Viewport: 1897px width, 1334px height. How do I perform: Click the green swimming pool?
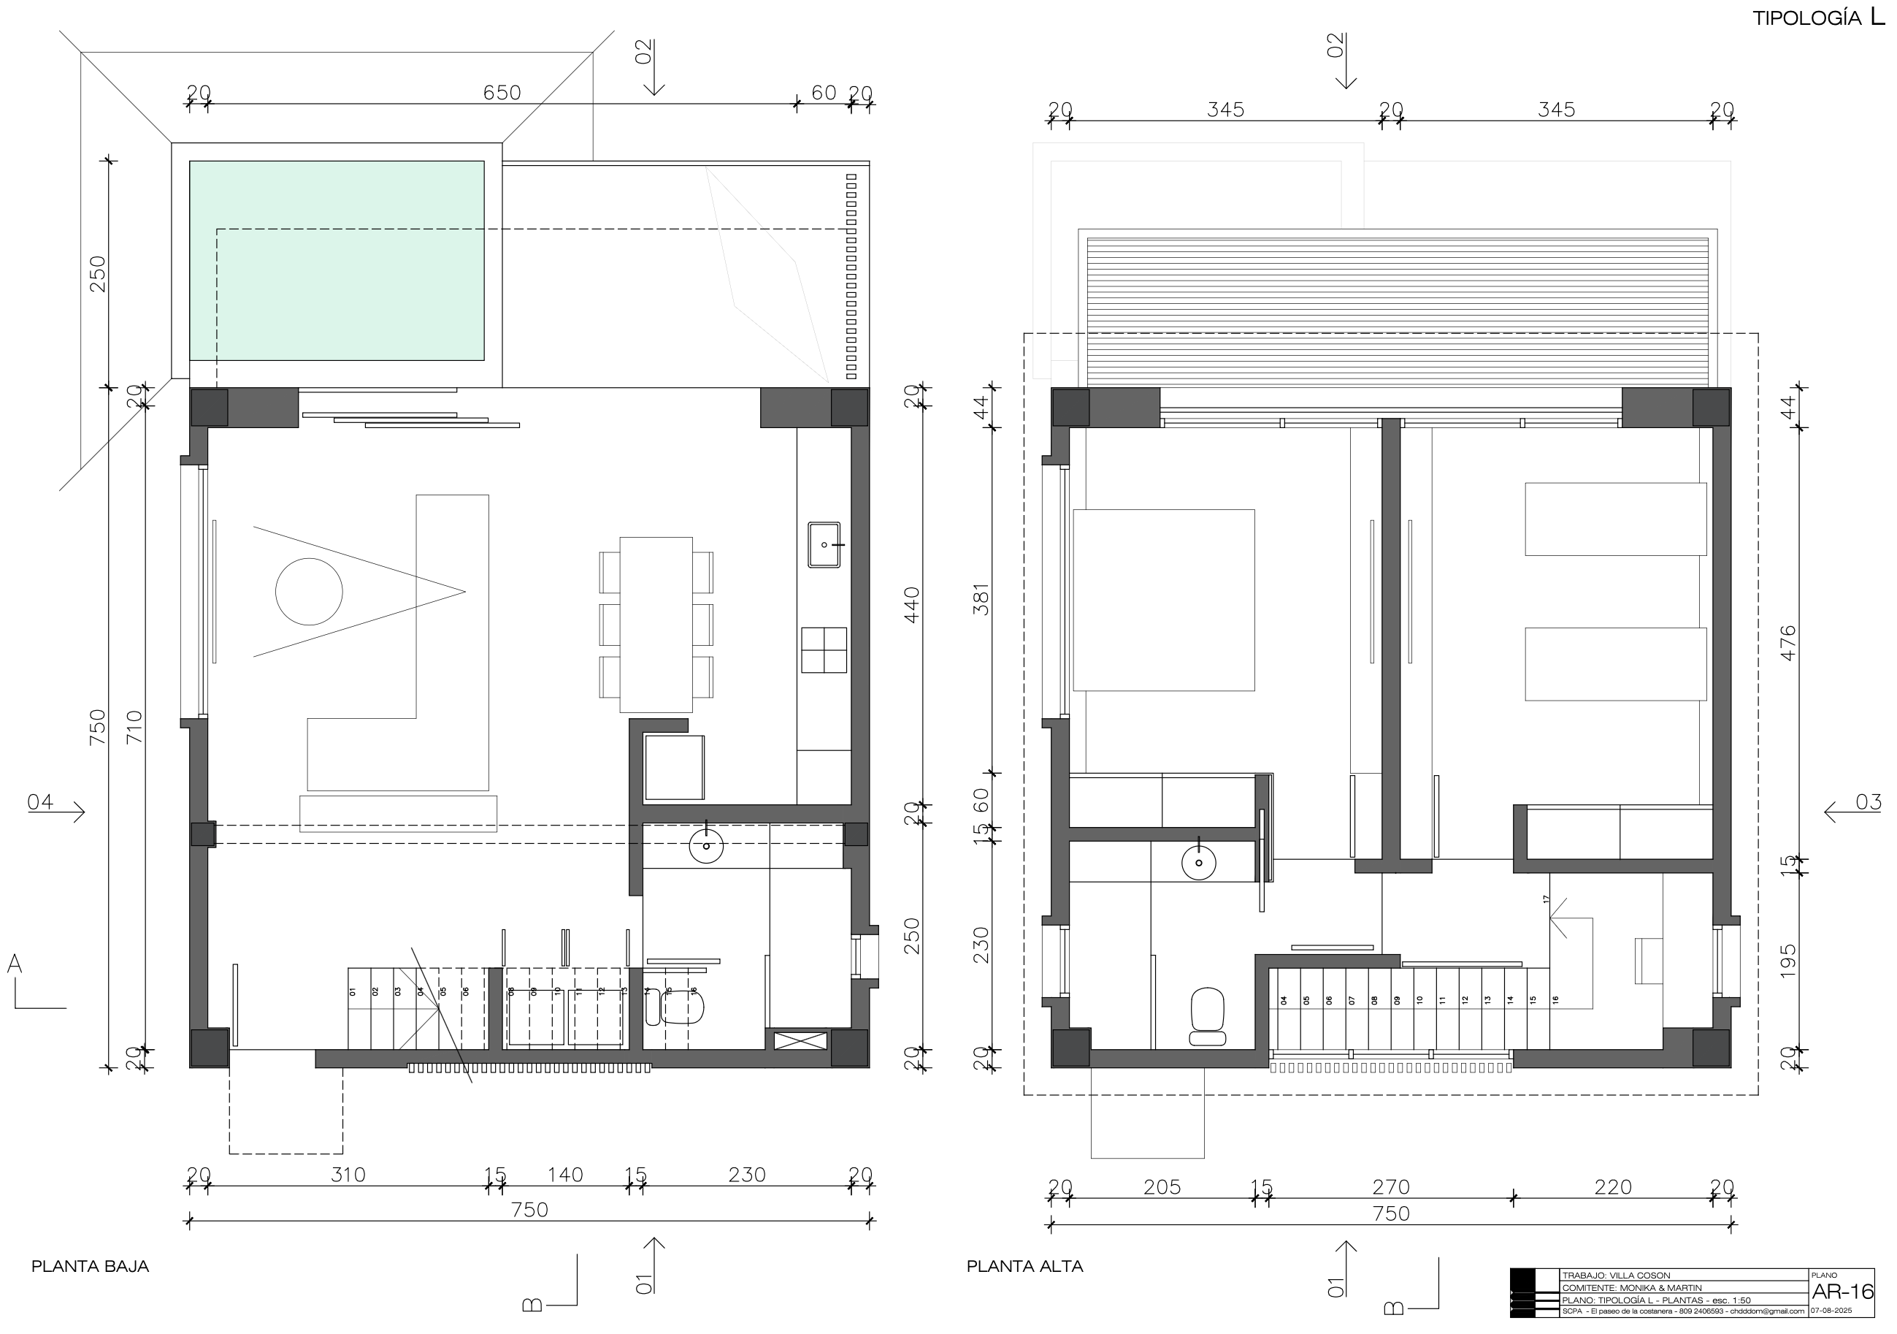pyautogui.click(x=337, y=260)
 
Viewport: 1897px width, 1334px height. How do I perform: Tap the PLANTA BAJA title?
pyautogui.click(x=90, y=1266)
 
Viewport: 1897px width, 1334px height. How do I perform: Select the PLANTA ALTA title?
pyautogui.click(x=1024, y=1266)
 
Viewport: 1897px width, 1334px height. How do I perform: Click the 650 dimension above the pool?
pyautogui.click(x=502, y=93)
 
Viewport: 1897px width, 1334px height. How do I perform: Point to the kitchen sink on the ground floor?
pyautogui.click(x=824, y=545)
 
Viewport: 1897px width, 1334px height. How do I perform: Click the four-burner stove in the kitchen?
pyautogui.click(x=824, y=649)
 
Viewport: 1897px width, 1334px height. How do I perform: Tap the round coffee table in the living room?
pyautogui.click(x=308, y=591)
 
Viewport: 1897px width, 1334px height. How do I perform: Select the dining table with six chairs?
pyautogui.click(x=656, y=625)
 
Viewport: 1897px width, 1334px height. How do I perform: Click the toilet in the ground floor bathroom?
pyautogui.click(x=683, y=1007)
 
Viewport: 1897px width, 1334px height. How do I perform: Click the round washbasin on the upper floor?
pyautogui.click(x=1198, y=864)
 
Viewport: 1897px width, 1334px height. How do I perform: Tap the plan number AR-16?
pyautogui.click(x=1842, y=1292)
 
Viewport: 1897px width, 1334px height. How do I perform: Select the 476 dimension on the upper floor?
pyautogui.click(x=1788, y=642)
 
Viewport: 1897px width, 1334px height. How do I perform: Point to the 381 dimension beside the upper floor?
pyautogui.click(x=981, y=599)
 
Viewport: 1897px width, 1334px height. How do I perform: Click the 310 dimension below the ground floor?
pyautogui.click(x=348, y=1175)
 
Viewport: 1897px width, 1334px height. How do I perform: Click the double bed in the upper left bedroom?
pyautogui.click(x=1163, y=599)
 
